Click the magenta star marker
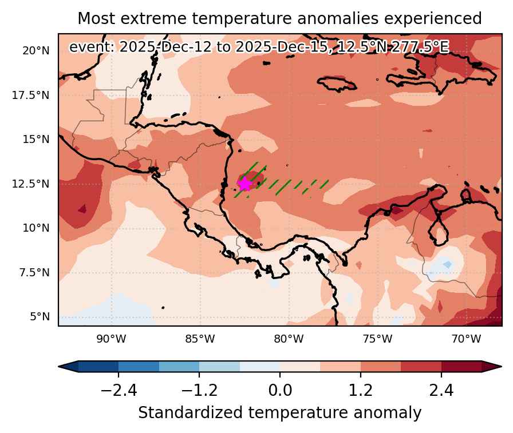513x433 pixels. pos(244,184)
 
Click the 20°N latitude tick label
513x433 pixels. pos(36,51)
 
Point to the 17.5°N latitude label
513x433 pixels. pos(31,96)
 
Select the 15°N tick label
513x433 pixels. pos(36,140)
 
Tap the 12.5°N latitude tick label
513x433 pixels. pos(31,184)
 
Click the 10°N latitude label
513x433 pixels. pos(36,228)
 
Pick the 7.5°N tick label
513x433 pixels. pos(34,272)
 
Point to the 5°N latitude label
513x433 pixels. pos(40,317)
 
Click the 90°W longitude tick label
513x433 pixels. pos(111,339)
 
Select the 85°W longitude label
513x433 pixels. pos(200,339)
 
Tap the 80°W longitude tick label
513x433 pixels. pos(289,339)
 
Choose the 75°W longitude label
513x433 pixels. pos(377,339)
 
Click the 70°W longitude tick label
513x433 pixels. pos(466,339)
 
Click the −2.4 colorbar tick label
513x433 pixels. pos(119,390)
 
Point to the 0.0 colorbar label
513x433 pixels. pos(280,390)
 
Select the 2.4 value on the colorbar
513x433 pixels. pos(441,390)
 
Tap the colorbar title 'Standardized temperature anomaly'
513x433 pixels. pos(280,413)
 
